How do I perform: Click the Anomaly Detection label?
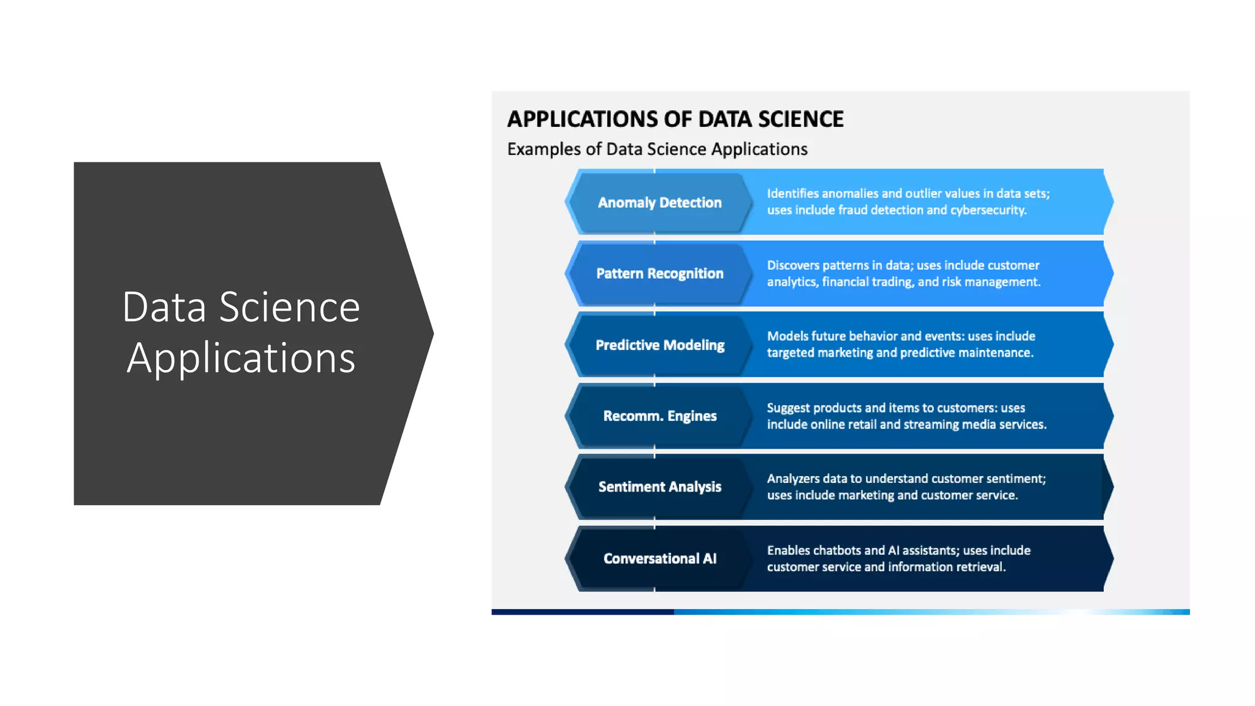659,203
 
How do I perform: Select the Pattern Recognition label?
659,274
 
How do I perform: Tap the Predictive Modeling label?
659,345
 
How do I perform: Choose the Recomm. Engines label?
659,416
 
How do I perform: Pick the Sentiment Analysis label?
659,487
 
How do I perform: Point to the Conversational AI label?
659,558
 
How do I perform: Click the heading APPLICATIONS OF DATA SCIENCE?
675,119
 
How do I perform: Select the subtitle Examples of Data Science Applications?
657,150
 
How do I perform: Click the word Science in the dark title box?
289,307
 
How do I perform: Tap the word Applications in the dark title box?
241,358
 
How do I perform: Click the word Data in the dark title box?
164,307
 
